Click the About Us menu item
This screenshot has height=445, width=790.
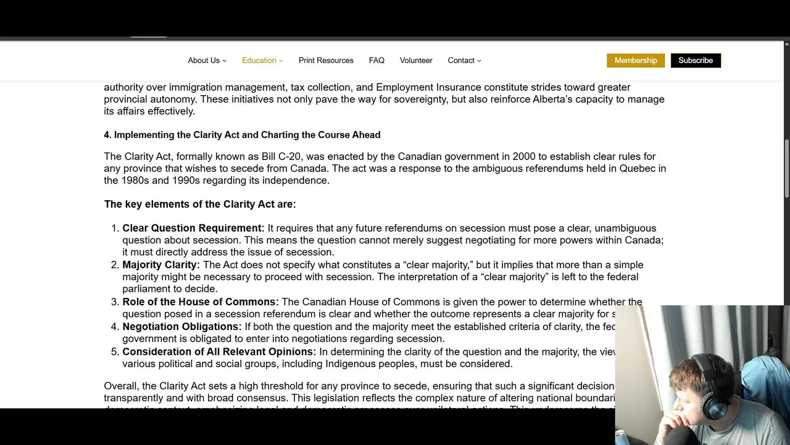point(207,61)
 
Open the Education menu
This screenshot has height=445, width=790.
point(262,61)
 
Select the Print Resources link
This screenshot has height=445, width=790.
point(326,61)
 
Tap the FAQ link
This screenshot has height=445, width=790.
point(376,61)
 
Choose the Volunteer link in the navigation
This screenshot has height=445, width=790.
point(416,61)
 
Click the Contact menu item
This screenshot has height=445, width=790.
point(464,61)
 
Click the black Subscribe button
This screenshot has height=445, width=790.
point(696,61)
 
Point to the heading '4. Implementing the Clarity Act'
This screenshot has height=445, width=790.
point(242,135)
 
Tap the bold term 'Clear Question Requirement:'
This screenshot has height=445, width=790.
point(193,228)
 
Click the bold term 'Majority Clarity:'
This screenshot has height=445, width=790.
point(161,265)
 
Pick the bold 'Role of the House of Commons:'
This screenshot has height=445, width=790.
point(201,302)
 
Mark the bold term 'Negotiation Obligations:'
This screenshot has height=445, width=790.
point(182,326)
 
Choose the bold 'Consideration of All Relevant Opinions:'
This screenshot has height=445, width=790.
point(219,352)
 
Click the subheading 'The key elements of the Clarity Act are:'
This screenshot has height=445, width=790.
point(200,204)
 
